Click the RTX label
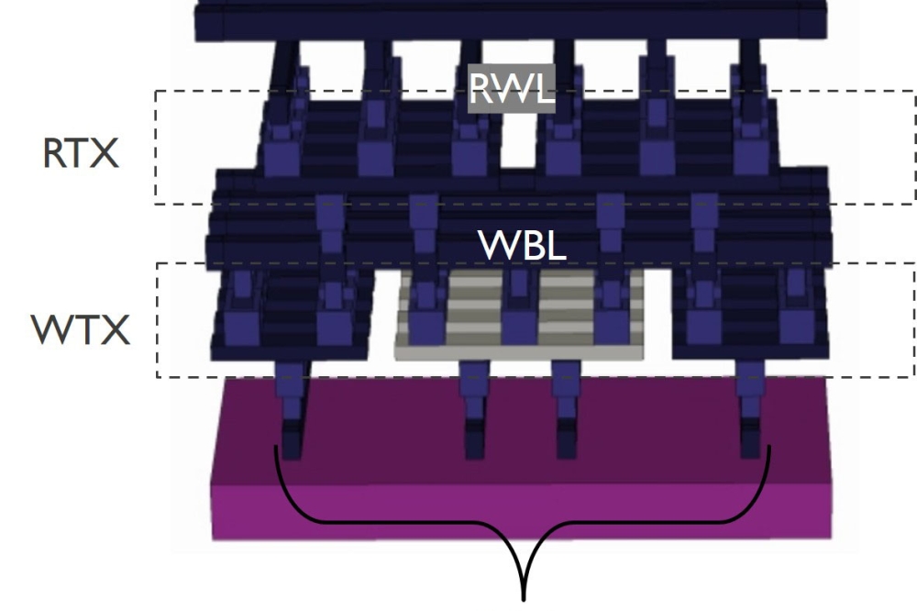tap(81, 153)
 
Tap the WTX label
tap(81, 329)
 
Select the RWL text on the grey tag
tap(512, 89)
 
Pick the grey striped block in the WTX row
tap(520, 317)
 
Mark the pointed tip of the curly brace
tap(525, 596)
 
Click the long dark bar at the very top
tap(509, 20)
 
